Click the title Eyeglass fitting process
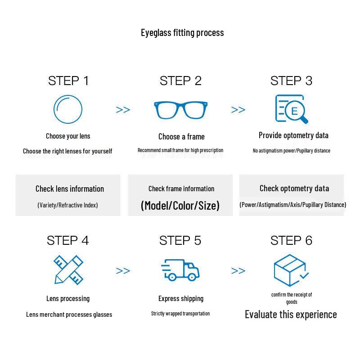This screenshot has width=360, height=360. click(182, 32)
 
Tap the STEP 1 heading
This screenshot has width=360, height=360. click(68, 81)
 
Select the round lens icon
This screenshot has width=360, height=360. click(68, 109)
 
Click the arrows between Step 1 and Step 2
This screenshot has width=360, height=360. click(123, 110)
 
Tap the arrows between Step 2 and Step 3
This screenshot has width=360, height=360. click(238, 110)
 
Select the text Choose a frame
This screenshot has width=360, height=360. click(181, 136)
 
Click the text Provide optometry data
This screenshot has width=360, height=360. click(293, 135)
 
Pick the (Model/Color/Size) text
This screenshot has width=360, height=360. click(180, 206)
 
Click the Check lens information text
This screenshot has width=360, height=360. click(70, 189)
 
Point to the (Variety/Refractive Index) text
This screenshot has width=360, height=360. click(67, 205)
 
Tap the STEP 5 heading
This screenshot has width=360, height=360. click(180, 241)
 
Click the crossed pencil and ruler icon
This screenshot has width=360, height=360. click(68, 270)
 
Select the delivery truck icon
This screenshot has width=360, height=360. click(180, 270)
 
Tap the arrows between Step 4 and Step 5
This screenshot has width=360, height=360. click(123, 271)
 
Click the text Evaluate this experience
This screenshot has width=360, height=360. click(291, 314)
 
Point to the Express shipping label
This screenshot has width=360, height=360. click(181, 298)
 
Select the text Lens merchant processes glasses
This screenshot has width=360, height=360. click(69, 315)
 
